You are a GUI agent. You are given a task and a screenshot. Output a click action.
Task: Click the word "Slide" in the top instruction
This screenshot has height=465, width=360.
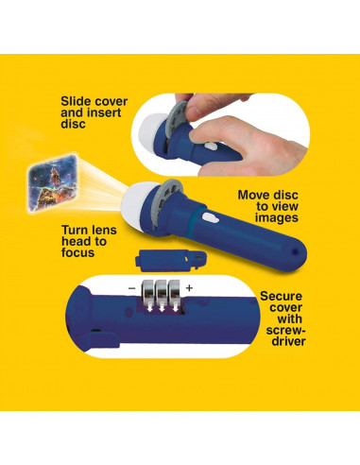[x=77, y=101]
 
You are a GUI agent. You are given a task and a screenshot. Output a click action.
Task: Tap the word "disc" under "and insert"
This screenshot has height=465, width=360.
[x=73, y=124]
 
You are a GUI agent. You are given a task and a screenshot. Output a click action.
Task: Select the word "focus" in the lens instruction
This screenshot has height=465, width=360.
[x=77, y=252]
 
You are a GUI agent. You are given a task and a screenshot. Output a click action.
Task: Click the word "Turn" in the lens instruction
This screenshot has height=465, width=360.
[x=74, y=230]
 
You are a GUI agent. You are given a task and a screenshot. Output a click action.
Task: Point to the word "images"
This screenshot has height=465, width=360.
[x=277, y=218]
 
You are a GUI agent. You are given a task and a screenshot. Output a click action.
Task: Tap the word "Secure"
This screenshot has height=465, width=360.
[x=281, y=296]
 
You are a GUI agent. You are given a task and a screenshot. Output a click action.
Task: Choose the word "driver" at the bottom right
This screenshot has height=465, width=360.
[x=289, y=341]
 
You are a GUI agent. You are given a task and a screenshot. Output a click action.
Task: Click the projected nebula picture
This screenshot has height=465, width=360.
[x=52, y=183]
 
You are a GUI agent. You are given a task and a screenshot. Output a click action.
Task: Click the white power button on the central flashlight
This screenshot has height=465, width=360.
[x=210, y=217]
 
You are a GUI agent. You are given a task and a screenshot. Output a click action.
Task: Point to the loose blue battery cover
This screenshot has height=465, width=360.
[x=171, y=260]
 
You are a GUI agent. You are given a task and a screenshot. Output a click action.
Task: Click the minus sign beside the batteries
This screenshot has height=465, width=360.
[x=132, y=288]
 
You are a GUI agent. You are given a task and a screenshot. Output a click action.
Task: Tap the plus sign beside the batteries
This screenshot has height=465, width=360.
[x=189, y=288]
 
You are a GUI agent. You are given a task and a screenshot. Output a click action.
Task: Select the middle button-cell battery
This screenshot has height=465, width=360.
[x=162, y=290]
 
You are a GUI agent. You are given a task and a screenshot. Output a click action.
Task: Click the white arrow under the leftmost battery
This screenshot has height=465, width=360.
[x=149, y=307]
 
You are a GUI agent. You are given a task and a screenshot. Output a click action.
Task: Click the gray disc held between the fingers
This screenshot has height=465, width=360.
[x=178, y=116]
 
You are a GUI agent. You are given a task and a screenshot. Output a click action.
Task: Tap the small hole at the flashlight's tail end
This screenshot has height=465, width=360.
[x=295, y=251]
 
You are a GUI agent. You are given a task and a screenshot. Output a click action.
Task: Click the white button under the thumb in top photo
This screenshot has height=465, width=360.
[x=211, y=146]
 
